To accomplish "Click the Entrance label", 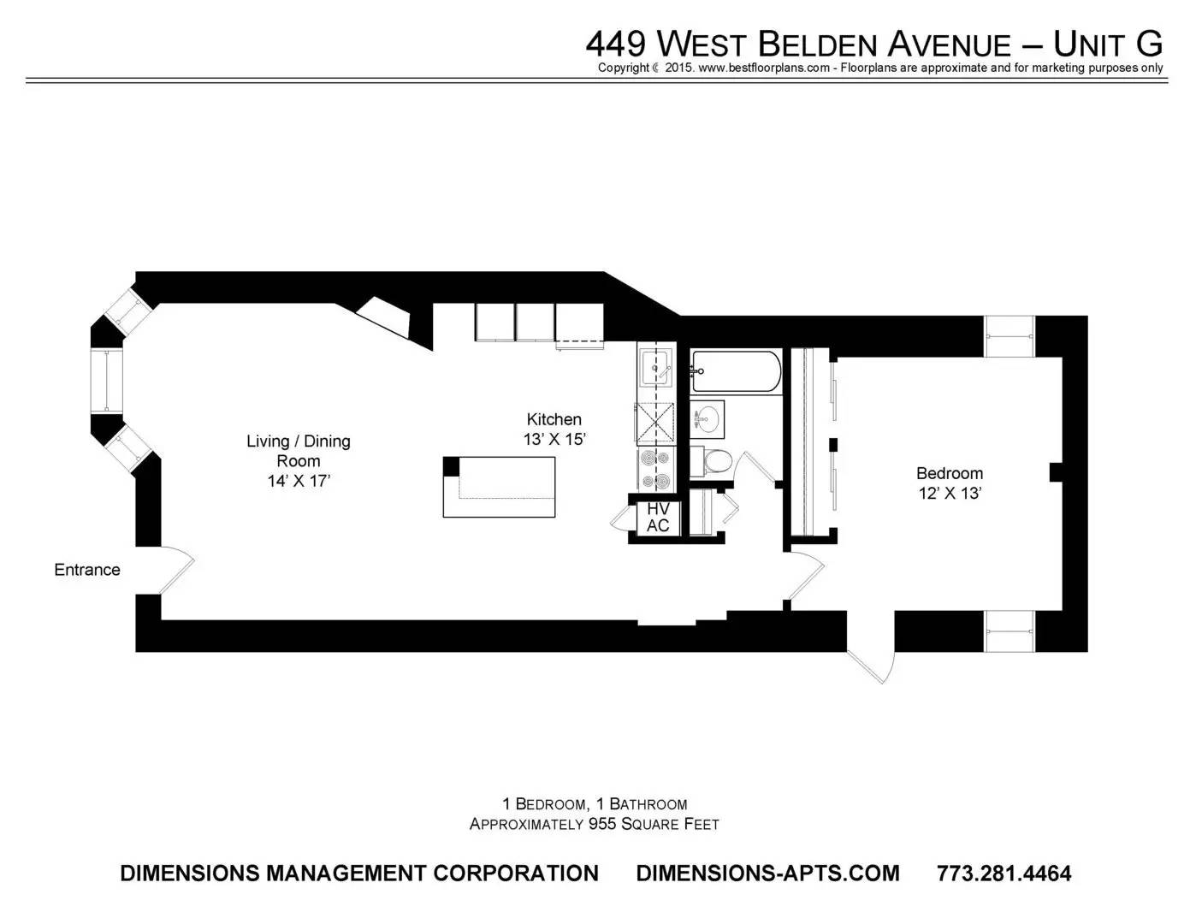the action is (x=87, y=570).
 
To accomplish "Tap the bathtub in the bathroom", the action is (x=736, y=371).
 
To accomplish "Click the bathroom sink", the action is (x=708, y=419).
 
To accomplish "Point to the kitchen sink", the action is (x=655, y=368).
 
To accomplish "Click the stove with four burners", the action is (x=655, y=469).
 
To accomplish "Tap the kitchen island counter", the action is (x=499, y=487).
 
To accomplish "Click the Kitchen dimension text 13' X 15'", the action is (x=554, y=440).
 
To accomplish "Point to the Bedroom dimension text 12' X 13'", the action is (x=950, y=493).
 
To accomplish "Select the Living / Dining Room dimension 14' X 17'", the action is (x=299, y=481).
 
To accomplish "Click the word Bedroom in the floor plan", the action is (x=950, y=473).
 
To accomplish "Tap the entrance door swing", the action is (x=176, y=570).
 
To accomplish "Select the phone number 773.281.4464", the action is (x=1004, y=873).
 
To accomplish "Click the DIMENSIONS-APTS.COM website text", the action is (x=767, y=873).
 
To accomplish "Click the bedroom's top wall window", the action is (x=1009, y=336).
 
